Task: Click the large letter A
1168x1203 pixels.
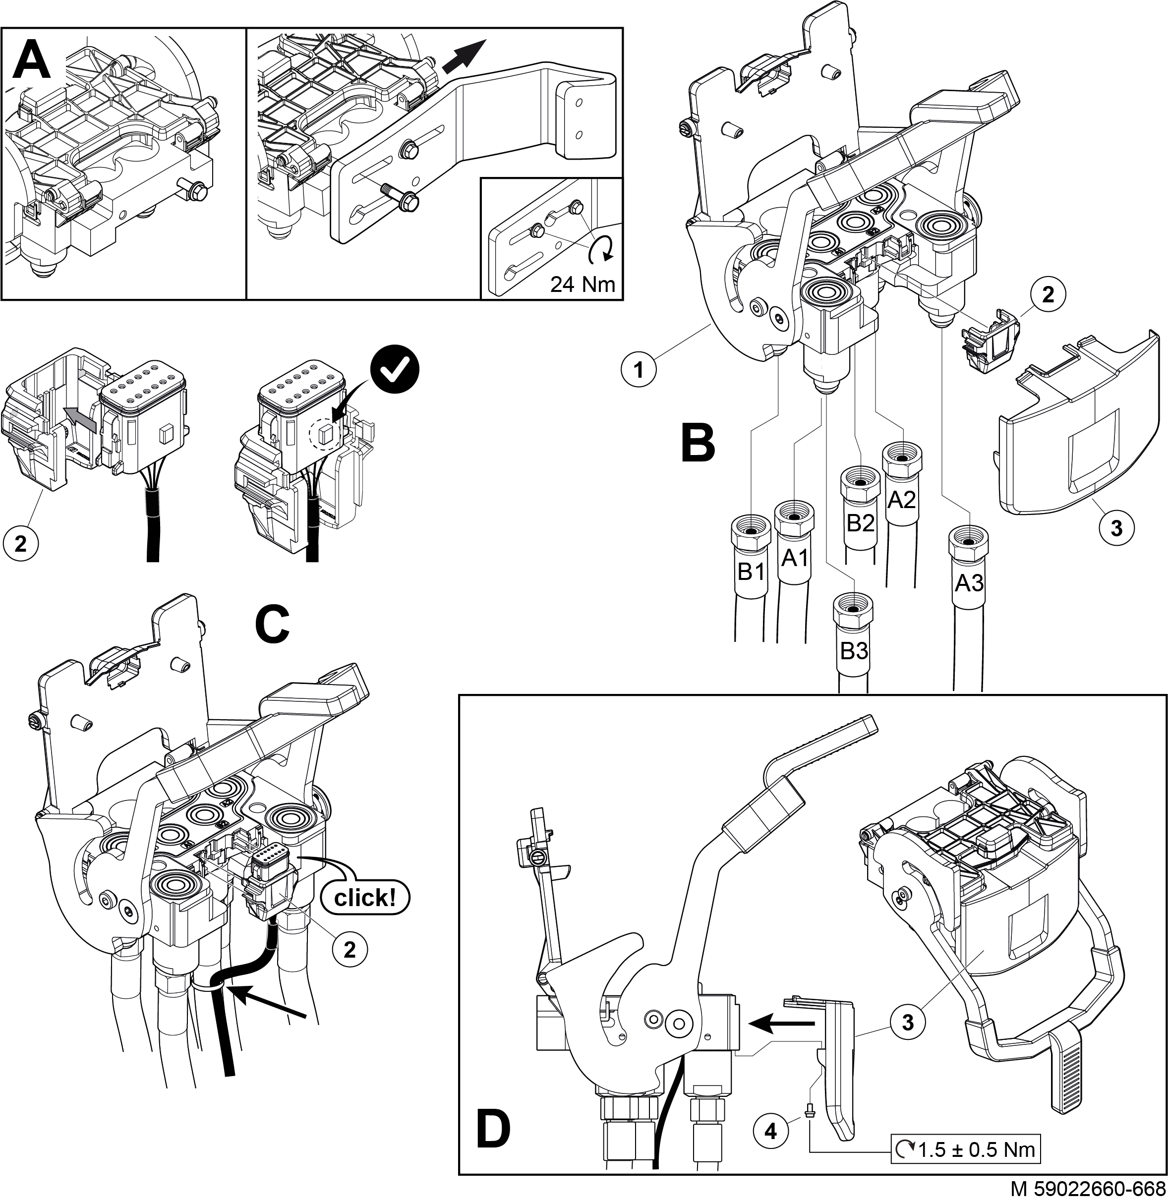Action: coord(31,60)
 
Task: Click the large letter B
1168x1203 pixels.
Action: coord(699,443)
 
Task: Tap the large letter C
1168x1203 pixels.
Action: coord(272,624)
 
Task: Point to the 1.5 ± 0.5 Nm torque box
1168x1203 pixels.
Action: coord(965,1149)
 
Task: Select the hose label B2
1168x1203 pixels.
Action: coord(861,522)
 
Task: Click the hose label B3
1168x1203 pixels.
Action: coord(854,651)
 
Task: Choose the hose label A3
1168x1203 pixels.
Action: coord(969,582)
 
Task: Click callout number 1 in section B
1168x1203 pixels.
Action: coord(639,370)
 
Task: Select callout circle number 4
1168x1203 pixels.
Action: coord(771,1131)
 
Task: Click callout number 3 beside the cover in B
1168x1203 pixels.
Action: coord(1116,527)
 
